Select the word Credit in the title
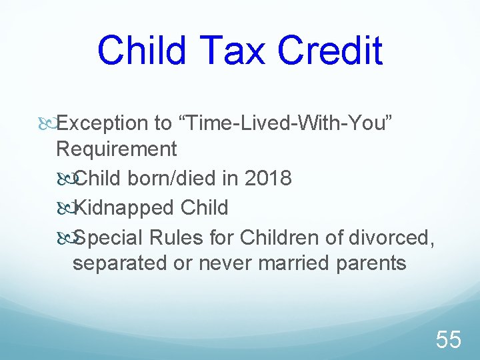(331, 51)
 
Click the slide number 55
(448, 340)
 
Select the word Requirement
(117, 149)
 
